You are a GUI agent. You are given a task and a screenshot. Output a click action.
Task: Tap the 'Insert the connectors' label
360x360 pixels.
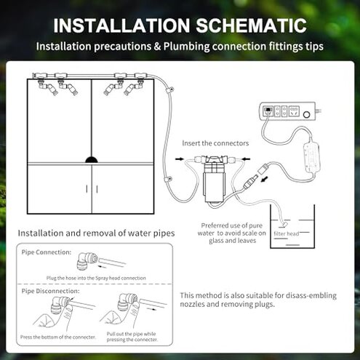[215, 143]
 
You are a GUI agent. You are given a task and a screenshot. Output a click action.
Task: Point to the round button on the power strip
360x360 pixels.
[314, 113]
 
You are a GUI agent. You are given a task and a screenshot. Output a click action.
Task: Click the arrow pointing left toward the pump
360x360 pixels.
[249, 156]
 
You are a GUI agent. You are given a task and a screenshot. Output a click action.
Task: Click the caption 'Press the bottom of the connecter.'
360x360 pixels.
[57, 337]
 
